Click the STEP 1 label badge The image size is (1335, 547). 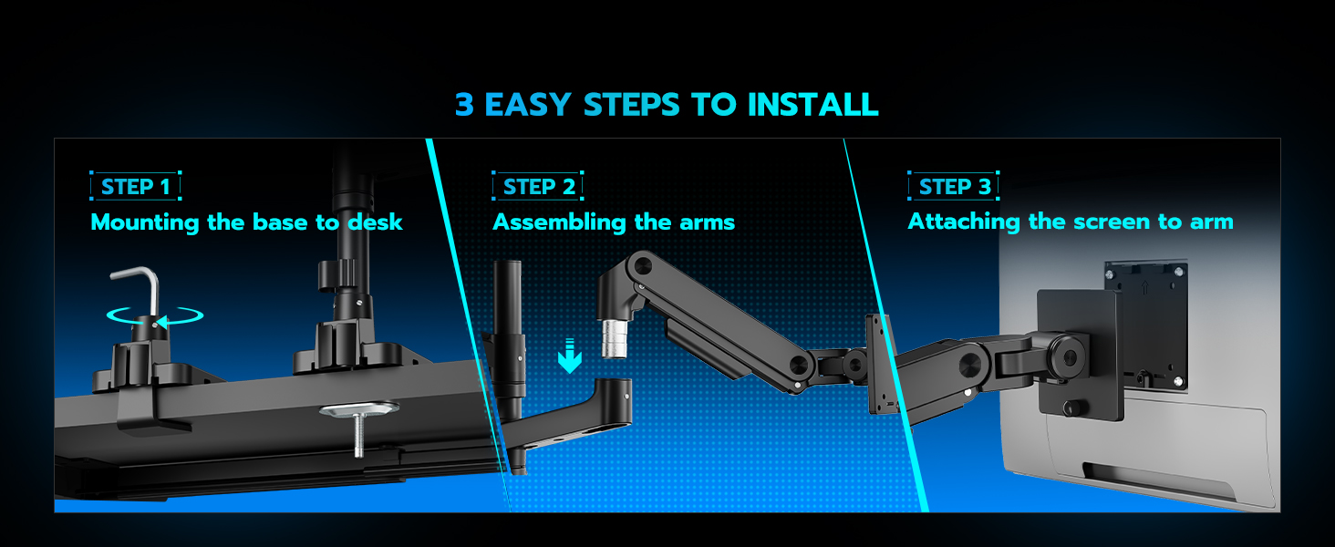pyautogui.click(x=136, y=187)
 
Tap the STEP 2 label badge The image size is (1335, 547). pyautogui.click(x=538, y=187)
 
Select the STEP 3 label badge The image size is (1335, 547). pyautogui.click(x=954, y=187)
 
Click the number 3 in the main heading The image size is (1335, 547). pyautogui.click(x=465, y=105)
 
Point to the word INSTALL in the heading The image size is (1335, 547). pyautogui.click(x=813, y=105)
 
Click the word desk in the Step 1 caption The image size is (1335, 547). pyautogui.click(x=375, y=222)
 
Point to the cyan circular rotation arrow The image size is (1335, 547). pyautogui.click(x=154, y=316)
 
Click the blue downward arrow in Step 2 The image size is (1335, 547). pyautogui.click(x=570, y=356)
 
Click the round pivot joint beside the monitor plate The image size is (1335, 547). pyautogui.click(x=1068, y=351)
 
